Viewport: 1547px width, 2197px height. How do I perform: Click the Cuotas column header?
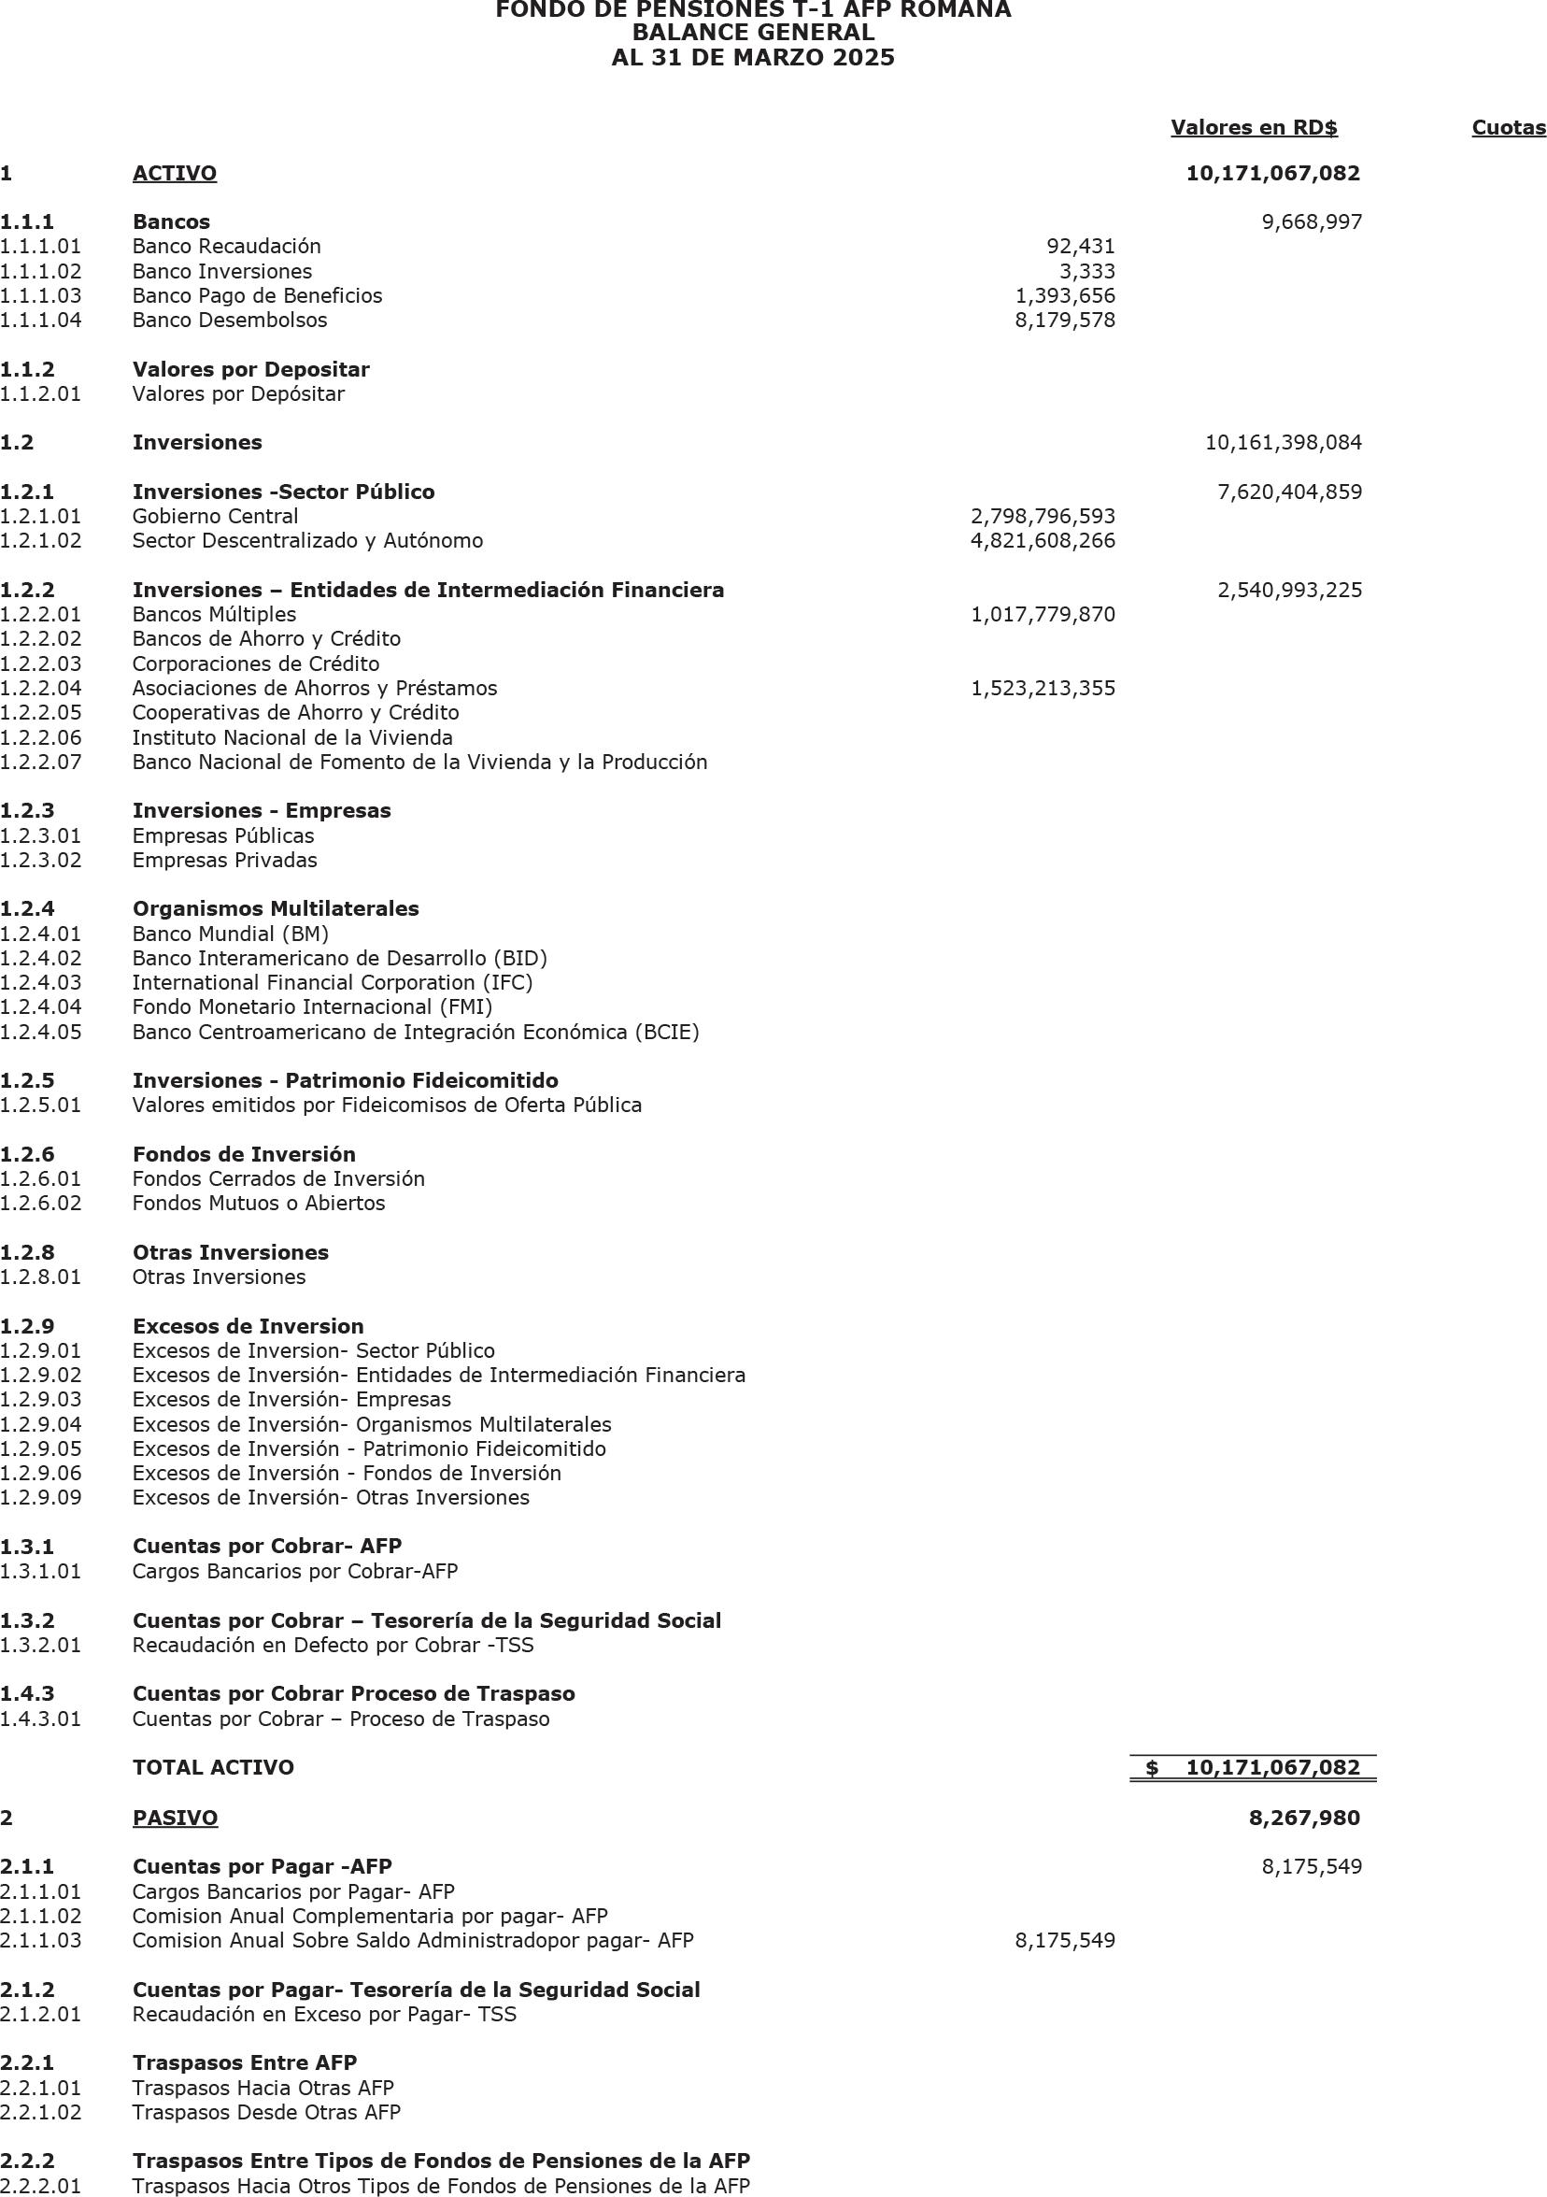[x=1508, y=128]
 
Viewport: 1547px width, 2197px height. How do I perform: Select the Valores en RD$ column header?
[x=1254, y=128]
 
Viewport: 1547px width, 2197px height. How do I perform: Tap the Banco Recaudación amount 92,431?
[x=1081, y=247]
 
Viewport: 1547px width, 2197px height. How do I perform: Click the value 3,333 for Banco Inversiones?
[x=1086, y=272]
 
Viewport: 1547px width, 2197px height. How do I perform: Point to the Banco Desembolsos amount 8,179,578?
[x=1065, y=321]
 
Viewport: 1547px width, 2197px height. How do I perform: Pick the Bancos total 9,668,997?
[x=1312, y=223]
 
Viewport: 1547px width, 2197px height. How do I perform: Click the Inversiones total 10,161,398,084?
[x=1283, y=443]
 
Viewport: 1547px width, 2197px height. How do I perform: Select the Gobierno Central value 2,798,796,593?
[x=1043, y=517]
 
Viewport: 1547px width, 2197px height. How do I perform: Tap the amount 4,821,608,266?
[x=1043, y=541]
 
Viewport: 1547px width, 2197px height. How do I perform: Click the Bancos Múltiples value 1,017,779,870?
[x=1043, y=614]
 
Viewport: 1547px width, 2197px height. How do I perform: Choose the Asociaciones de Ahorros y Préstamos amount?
[x=1043, y=689]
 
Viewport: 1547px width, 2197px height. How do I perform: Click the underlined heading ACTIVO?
[x=174, y=174]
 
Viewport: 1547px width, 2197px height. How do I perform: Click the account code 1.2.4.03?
[x=41, y=983]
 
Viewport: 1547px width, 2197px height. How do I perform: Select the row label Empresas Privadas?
[x=225, y=861]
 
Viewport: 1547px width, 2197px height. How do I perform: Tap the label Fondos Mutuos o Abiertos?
[x=259, y=1204]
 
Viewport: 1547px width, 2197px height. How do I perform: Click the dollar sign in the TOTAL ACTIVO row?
[x=1152, y=1768]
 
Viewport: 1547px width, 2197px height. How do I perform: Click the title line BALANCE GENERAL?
[x=754, y=34]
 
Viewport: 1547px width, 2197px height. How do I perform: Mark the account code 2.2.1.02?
[x=41, y=2112]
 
